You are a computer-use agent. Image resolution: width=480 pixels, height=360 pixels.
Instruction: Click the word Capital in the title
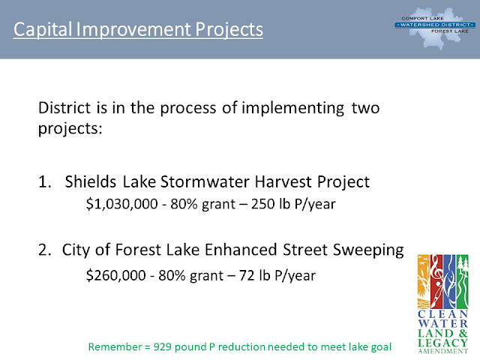click(43, 30)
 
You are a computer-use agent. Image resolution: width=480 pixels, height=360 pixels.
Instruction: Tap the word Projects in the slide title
click(229, 30)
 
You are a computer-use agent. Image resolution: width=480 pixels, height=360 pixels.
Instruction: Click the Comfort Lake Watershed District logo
click(435, 28)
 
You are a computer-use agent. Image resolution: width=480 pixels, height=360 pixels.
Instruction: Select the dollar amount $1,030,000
click(121, 204)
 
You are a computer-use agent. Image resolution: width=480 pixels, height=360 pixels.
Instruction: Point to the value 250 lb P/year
click(293, 204)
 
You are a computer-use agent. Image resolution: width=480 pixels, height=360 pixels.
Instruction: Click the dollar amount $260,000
click(115, 275)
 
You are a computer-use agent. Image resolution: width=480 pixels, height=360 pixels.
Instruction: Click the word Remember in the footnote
click(115, 346)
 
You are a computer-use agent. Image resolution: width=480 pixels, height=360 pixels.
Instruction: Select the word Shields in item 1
click(90, 181)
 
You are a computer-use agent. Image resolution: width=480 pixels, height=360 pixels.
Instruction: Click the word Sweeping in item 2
click(368, 250)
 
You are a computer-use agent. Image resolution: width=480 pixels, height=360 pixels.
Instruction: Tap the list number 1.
click(44, 181)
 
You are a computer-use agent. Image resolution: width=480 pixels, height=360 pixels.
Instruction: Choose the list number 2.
click(44, 250)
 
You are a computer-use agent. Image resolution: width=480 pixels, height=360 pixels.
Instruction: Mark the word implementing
click(293, 109)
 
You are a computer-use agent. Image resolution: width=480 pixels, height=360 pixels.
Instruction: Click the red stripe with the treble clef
click(436, 281)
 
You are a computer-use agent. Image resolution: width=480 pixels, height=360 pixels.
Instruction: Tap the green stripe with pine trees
click(463, 281)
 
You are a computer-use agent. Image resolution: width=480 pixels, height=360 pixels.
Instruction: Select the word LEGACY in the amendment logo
click(442, 343)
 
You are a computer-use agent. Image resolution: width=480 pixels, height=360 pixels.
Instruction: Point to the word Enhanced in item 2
click(241, 250)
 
